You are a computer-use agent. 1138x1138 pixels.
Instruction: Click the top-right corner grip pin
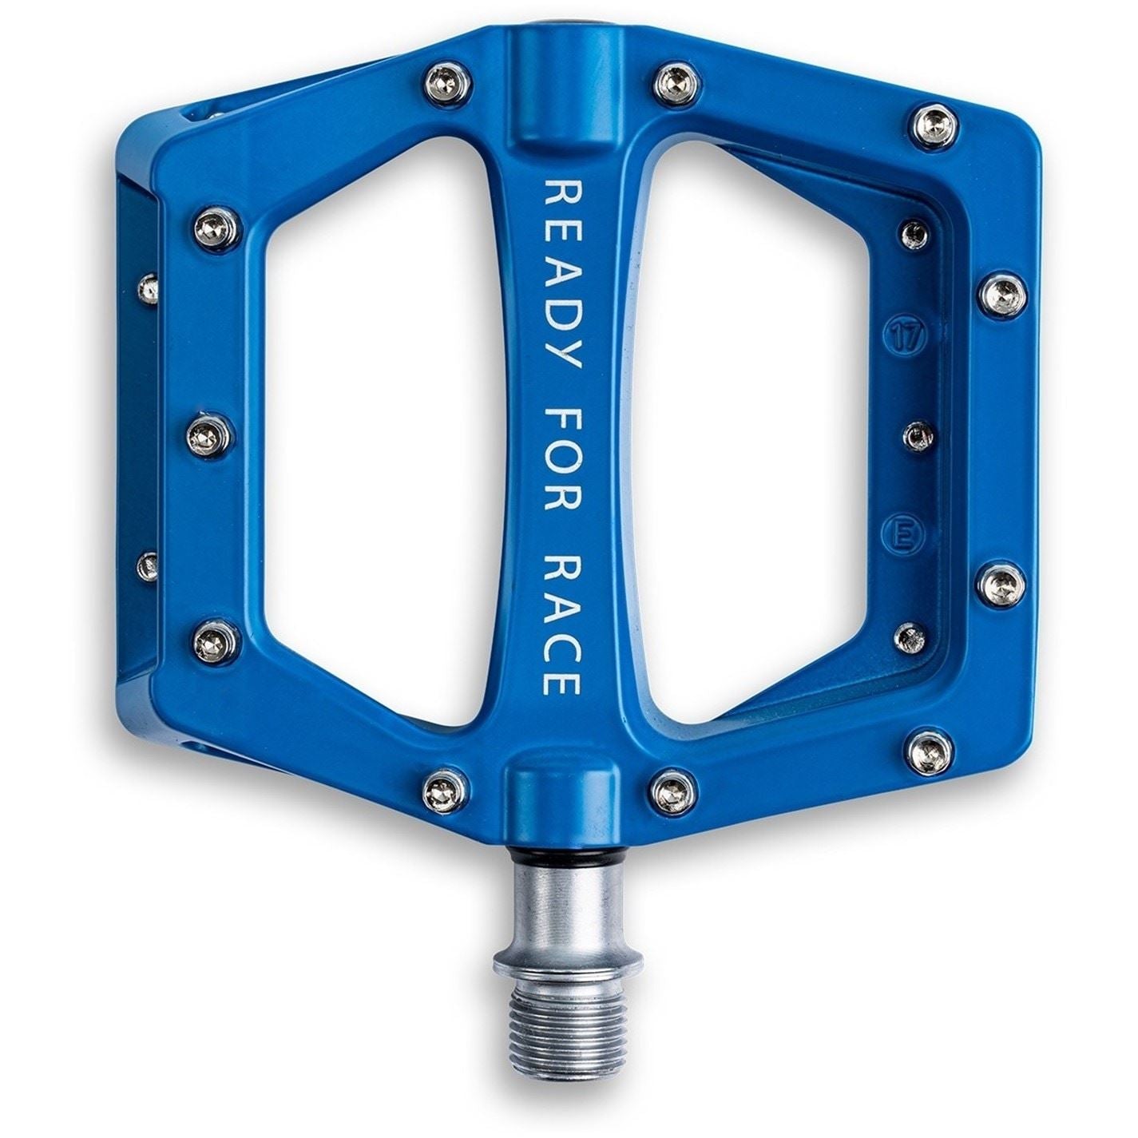(932, 125)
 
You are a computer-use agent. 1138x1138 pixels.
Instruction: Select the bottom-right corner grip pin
(931, 751)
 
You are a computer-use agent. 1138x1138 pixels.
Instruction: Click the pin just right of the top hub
(677, 81)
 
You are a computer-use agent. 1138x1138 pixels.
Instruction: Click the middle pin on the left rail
(211, 435)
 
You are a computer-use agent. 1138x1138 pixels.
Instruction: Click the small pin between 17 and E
(918, 436)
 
